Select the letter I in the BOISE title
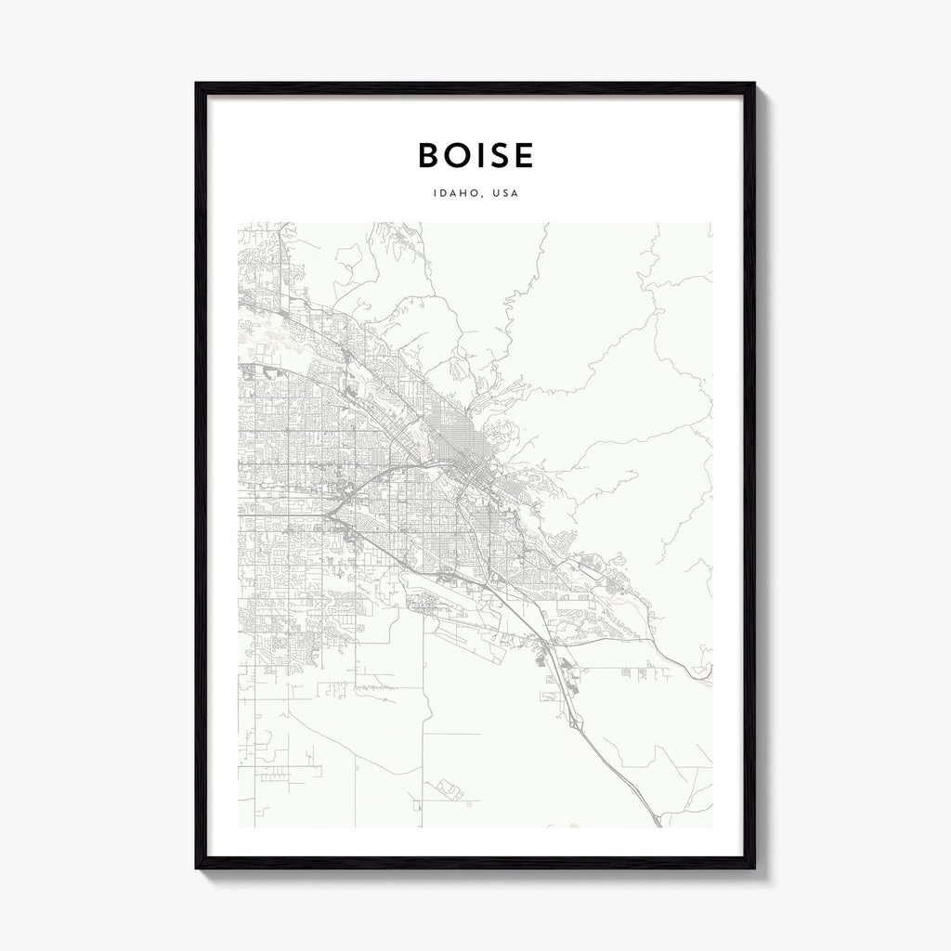click(476, 155)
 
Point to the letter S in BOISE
click(497, 155)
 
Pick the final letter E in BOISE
click(523, 155)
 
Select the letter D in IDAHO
click(443, 194)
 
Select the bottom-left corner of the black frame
click(197, 867)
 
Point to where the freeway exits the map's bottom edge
click(659, 825)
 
